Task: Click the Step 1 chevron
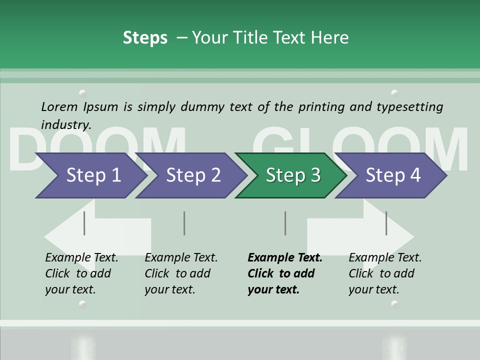tap(90, 175)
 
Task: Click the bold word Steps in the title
tap(145, 37)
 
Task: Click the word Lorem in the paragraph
tap(59, 106)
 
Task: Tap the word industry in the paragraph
tap(66, 125)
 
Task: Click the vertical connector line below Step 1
tap(84, 223)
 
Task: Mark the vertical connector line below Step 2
tap(184, 223)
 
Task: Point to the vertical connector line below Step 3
tap(285, 223)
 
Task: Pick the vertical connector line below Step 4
tap(386, 223)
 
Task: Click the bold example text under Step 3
tap(284, 273)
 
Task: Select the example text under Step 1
tap(81, 273)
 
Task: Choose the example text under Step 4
tap(385, 273)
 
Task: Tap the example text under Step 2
tap(181, 273)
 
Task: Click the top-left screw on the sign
tap(82, 93)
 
